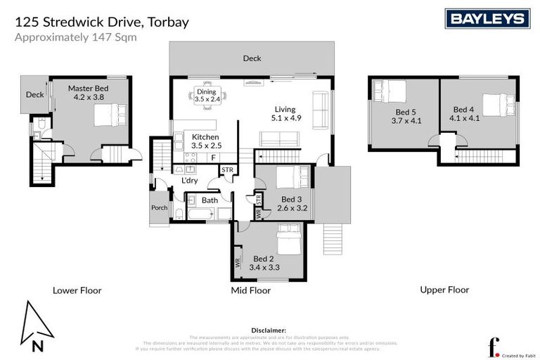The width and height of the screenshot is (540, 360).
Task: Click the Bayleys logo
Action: (487, 18)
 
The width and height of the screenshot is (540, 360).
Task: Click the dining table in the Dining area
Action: (207, 96)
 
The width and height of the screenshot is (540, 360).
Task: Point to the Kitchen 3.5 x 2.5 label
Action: (206, 141)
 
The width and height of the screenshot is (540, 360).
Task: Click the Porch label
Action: (159, 208)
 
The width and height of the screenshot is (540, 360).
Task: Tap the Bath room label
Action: (210, 200)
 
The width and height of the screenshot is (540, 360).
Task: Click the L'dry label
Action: (189, 181)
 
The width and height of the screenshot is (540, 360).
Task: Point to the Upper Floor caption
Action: (444, 289)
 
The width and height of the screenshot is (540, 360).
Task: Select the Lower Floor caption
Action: (77, 290)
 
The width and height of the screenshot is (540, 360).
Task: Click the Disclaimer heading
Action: (268, 330)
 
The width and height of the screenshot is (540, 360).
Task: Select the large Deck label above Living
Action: (252, 58)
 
